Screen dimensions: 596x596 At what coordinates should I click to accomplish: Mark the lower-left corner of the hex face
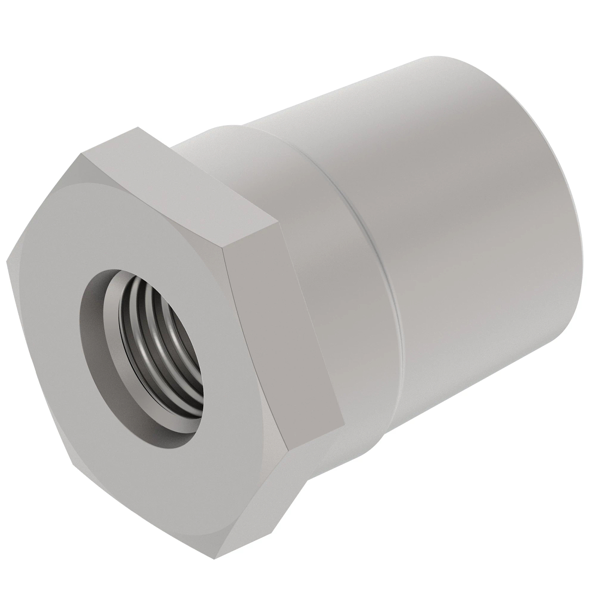(74, 467)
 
